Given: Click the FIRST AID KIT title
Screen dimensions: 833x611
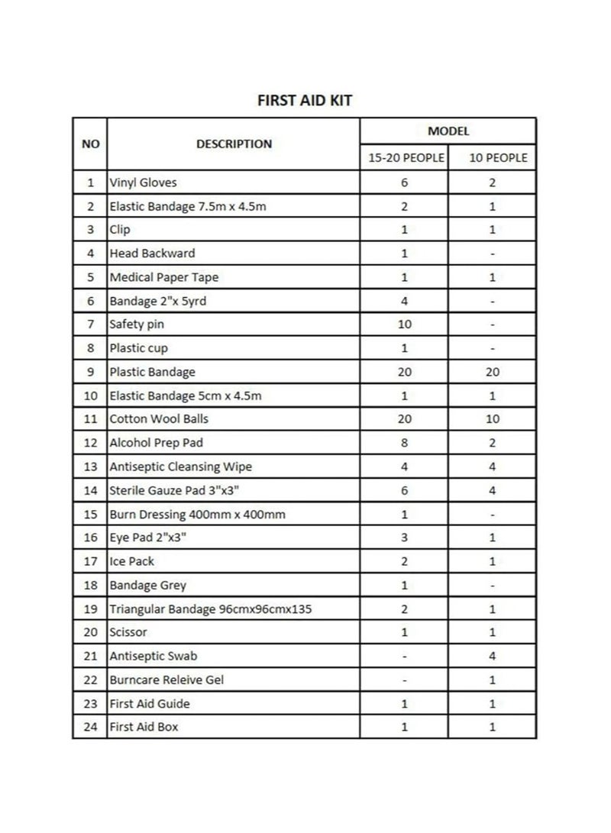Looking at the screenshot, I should coord(304,100).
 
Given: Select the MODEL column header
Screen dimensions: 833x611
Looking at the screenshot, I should coord(448,131).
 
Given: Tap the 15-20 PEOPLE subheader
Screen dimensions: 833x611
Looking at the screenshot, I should coord(404,158).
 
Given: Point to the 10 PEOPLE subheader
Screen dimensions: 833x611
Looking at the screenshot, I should coord(492,158).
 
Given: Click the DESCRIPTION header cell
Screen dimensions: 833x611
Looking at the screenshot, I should coord(234,144).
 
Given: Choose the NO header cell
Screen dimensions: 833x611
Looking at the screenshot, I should coord(90,144).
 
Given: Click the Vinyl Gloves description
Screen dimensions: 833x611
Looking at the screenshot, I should coord(144,182).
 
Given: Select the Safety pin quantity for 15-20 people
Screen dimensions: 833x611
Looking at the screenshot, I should coord(404,324).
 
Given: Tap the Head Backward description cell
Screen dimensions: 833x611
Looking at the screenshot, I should coord(152,253).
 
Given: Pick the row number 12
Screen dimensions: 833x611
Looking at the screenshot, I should coord(90,443).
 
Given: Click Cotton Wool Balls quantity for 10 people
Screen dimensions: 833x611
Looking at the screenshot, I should coord(492,419).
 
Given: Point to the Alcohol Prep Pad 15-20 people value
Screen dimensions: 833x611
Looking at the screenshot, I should coord(404,443).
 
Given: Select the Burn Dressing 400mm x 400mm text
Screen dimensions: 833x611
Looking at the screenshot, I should coord(197,515).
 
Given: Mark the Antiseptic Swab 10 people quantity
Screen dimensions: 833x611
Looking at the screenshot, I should coord(492,656).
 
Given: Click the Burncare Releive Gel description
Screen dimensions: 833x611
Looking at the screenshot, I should coord(166,680).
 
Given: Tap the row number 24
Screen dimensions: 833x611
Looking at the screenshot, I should coord(90,727).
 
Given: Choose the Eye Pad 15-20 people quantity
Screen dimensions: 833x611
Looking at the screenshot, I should coord(404,538).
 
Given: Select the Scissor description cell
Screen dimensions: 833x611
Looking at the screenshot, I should coord(128,632).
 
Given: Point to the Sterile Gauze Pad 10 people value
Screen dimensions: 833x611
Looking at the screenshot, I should coord(492,491).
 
